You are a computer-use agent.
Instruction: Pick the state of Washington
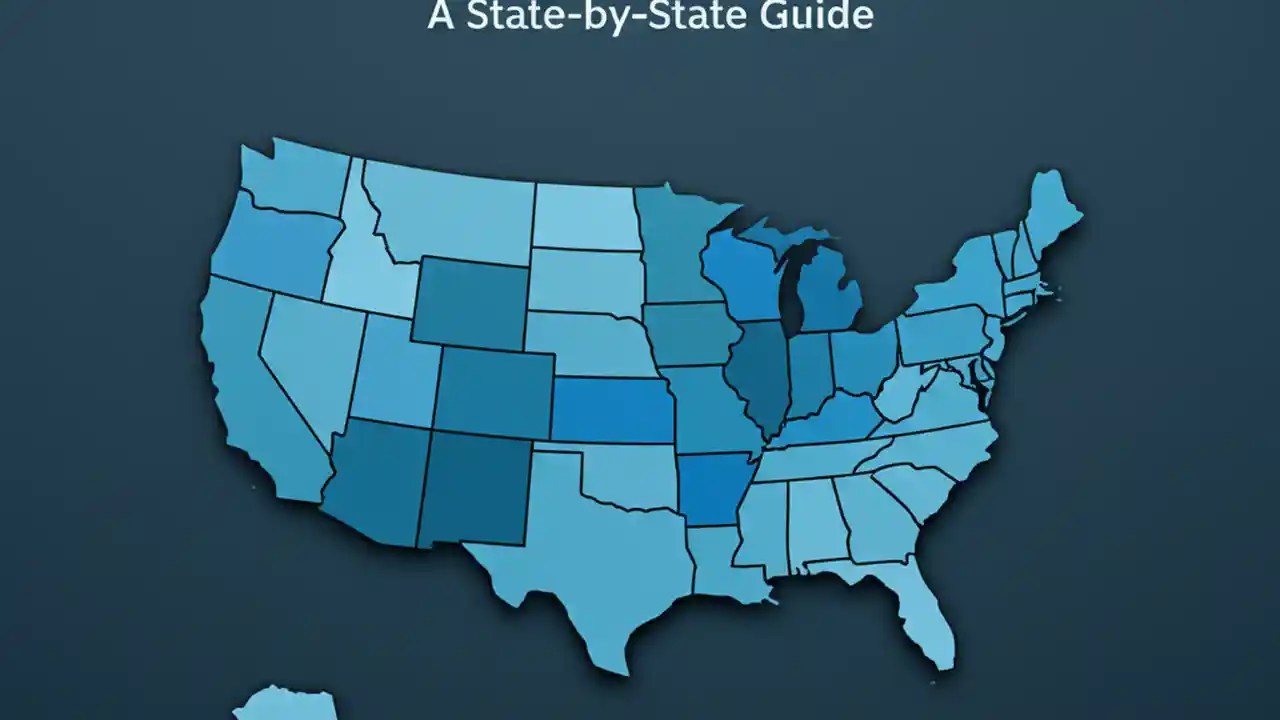coord(295,180)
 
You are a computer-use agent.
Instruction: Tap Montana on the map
coord(450,215)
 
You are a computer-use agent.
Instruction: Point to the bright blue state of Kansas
coord(613,410)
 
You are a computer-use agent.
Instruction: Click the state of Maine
coord(1050,210)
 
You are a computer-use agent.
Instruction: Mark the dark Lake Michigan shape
coord(793,290)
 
